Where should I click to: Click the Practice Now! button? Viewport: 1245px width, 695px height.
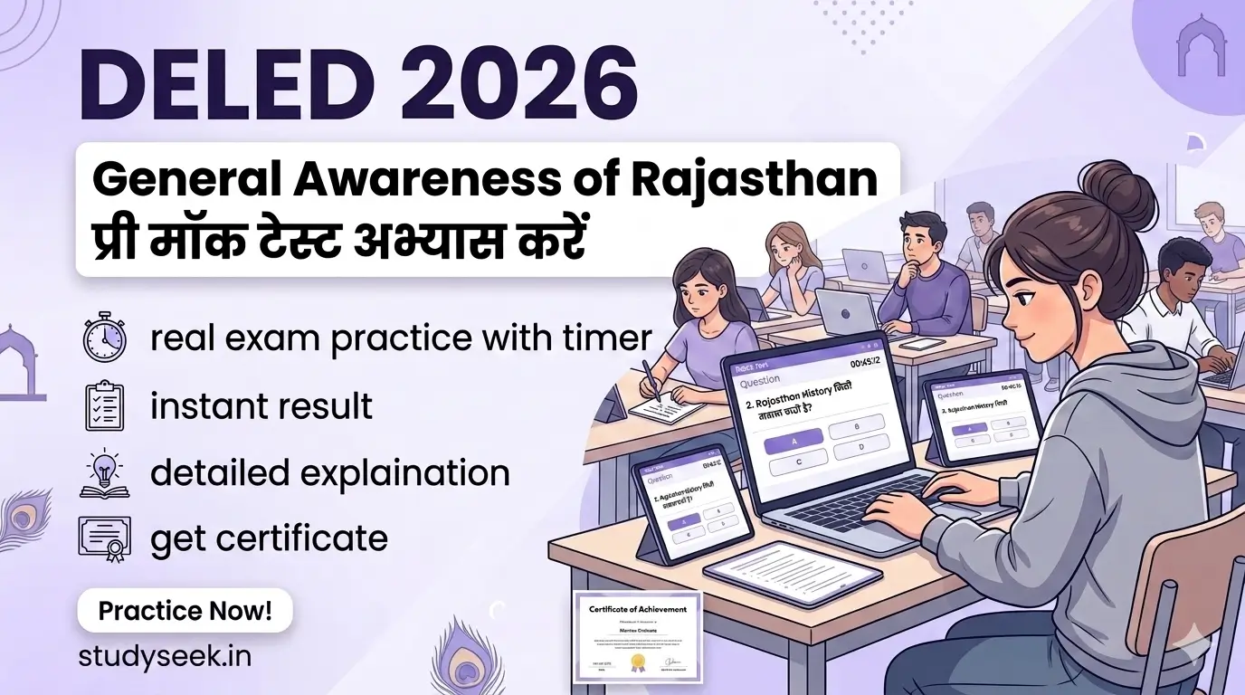point(185,610)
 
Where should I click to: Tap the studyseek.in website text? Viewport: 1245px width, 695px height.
point(164,656)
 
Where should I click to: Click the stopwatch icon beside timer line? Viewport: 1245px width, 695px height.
point(104,338)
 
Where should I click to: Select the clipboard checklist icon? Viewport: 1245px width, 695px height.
point(104,405)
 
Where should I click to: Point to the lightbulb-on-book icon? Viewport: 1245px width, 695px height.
point(104,471)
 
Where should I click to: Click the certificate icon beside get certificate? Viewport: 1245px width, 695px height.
point(104,538)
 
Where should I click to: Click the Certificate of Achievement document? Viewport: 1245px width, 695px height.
point(637,637)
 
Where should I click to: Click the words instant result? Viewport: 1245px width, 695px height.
point(261,405)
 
